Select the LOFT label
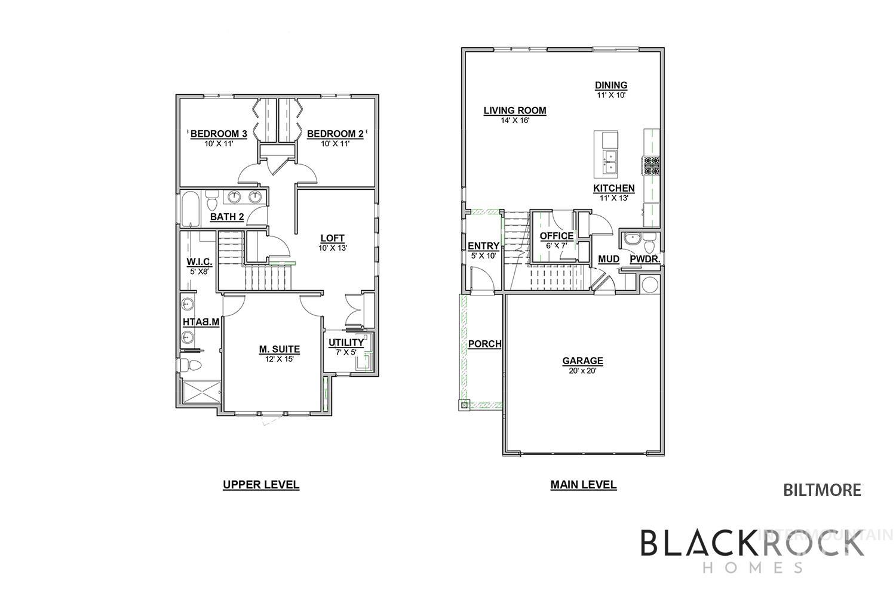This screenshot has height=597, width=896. pyautogui.click(x=333, y=238)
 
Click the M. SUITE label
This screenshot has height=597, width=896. pyautogui.click(x=279, y=349)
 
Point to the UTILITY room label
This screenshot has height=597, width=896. pyautogui.click(x=346, y=343)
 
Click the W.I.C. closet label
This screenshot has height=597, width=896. pyautogui.click(x=196, y=261)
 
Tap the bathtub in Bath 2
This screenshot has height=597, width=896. pyautogui.click(x=191, y=209)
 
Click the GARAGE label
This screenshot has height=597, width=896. pyautogui.click(x=582, y=361)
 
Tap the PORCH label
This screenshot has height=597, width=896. pyautogui.click(x=484, y=344)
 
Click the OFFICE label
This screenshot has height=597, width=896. pyautogui.click(x=556, y=236)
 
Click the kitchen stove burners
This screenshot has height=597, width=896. pyautogui.click(x=651, y=165)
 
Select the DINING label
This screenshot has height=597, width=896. pyautogui.click(x=610, y=85)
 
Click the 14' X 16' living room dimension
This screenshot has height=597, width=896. pyautogui.click(x=515, y=120)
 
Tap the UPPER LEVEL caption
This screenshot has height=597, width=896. pyautogui.click(x=261, y=484)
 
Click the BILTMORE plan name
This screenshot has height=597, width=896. pyautogui.click(x=822, y=490)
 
